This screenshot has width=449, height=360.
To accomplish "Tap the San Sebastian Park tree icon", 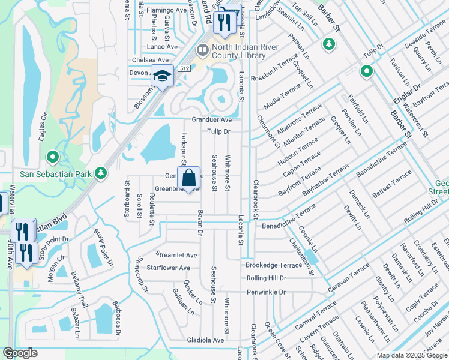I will [x=101, y=173].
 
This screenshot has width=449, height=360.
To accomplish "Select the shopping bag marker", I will [x=188, y=178].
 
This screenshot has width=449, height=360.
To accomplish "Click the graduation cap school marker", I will [x=161, y=76].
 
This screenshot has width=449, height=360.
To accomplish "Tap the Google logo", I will [x=20, y=353].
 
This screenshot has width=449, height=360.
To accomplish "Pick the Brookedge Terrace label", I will [x=274, y=265].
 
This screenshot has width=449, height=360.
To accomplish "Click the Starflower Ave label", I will [x=169, y=268].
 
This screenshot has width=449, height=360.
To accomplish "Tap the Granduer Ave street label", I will [x=211, y=119].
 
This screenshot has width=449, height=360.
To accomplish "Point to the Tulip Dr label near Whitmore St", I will [x=219, y=131].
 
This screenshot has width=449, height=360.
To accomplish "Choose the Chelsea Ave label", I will [x=150, y=60].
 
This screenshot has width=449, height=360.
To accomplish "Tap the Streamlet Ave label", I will [x=176, y=255].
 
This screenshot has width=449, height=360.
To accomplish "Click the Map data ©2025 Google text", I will [x=411, y=355].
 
